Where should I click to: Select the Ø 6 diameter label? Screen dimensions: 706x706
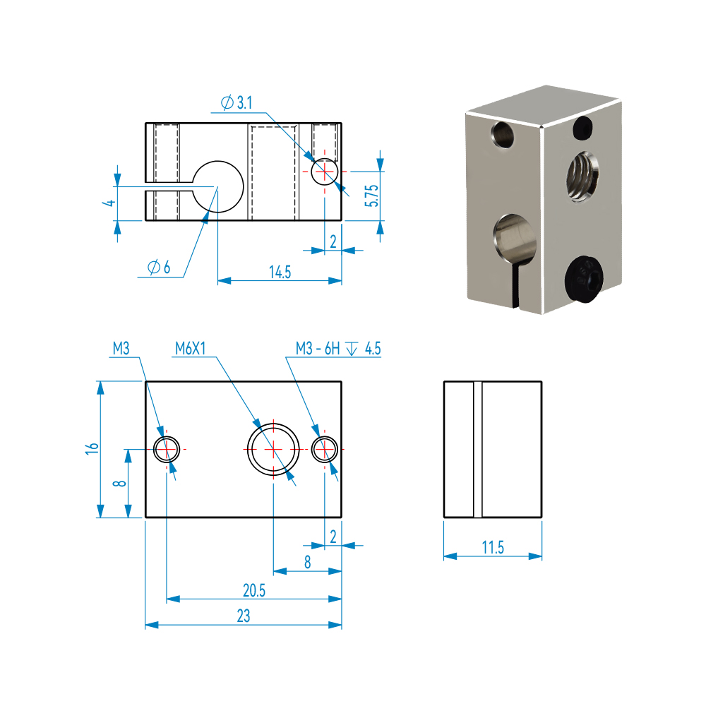[x=159, y=268]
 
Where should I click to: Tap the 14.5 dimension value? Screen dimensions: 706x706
[x=280, y=273]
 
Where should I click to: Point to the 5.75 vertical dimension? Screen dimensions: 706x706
[x=373, y=196]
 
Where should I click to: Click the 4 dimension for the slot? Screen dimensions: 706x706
[x=108, y=203]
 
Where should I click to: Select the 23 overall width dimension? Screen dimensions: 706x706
[x=243, y=616]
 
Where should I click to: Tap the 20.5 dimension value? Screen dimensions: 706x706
[x=253, y=591]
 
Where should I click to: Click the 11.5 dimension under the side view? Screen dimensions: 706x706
[x=492, y=547]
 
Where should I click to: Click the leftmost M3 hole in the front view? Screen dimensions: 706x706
[x=167, y=448]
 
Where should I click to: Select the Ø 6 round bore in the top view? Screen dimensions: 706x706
[x=217, y=187]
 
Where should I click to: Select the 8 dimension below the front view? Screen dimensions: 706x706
[x=307, y=563]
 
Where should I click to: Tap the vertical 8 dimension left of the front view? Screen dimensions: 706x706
[x=119, y=483]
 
